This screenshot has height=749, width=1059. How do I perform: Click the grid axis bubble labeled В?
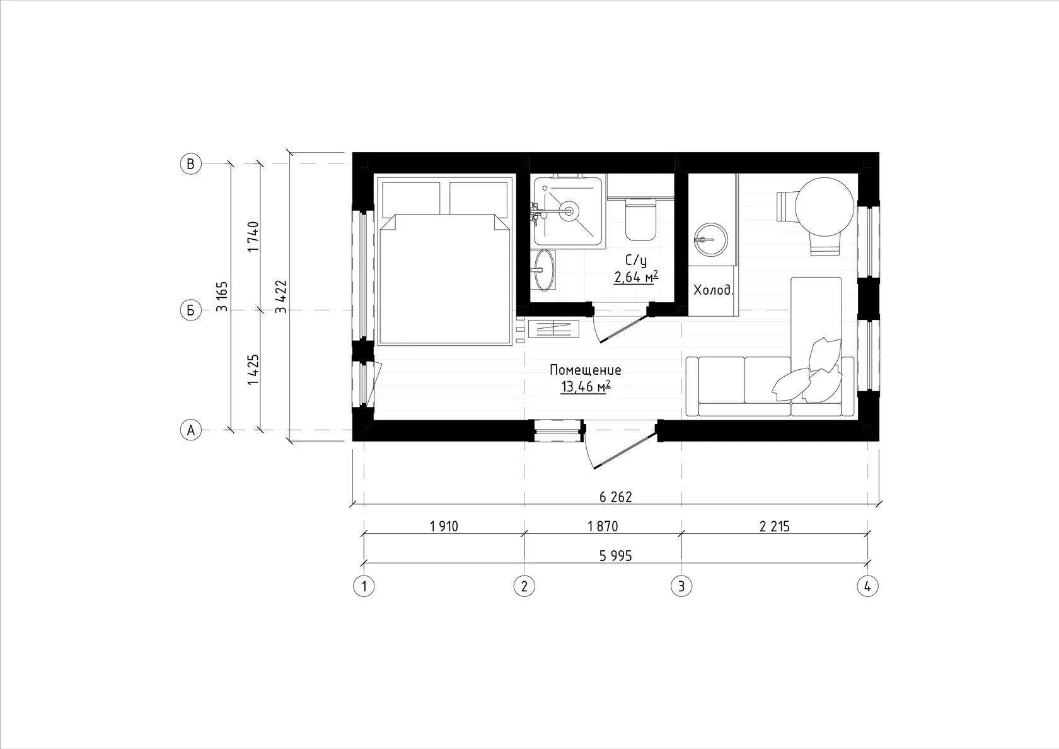pyautogui.click(x=191, y=164)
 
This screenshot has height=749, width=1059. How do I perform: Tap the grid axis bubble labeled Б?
pyautogui.click(x=191, y=310)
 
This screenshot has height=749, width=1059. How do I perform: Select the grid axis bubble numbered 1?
pyautogui.click(x=364, y=586)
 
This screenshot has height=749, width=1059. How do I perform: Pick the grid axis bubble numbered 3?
pyautogui.click(x=681, y=586)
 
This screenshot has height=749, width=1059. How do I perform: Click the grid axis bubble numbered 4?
pyautogui.click(x=867, y=586)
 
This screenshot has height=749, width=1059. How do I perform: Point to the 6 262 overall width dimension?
pyautogui.click(x=615, y=497)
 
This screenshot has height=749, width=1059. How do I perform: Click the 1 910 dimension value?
pyautogui.click(x=444, y=526)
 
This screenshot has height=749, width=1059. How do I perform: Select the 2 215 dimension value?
pyautogui.click(x=774, y=526)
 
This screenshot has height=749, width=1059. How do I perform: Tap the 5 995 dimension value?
pyautogui.click(x=615, y=555)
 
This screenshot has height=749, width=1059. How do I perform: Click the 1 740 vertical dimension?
pyautogui.click(x=253, y=236)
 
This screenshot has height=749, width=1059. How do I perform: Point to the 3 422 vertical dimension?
pyautogui.click(x=281, y=297)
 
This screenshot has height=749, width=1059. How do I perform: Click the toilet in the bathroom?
pyautogui.click(x=640, y=220)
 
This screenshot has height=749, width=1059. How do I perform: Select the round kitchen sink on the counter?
pyautogui.click(x=710, y=240)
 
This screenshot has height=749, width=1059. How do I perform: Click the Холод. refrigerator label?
pyautogui.click(x=714, y=290)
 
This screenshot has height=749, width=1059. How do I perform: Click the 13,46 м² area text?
pyautogui.click(x=586, y=387)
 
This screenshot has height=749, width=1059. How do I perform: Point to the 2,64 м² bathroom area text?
pyautogui.click(x=637, y=277)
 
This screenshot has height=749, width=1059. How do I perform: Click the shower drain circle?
pyautogui.click(x=569, y=211)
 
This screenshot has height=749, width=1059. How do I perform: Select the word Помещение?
pyautogui.click(x=585, y=370)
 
